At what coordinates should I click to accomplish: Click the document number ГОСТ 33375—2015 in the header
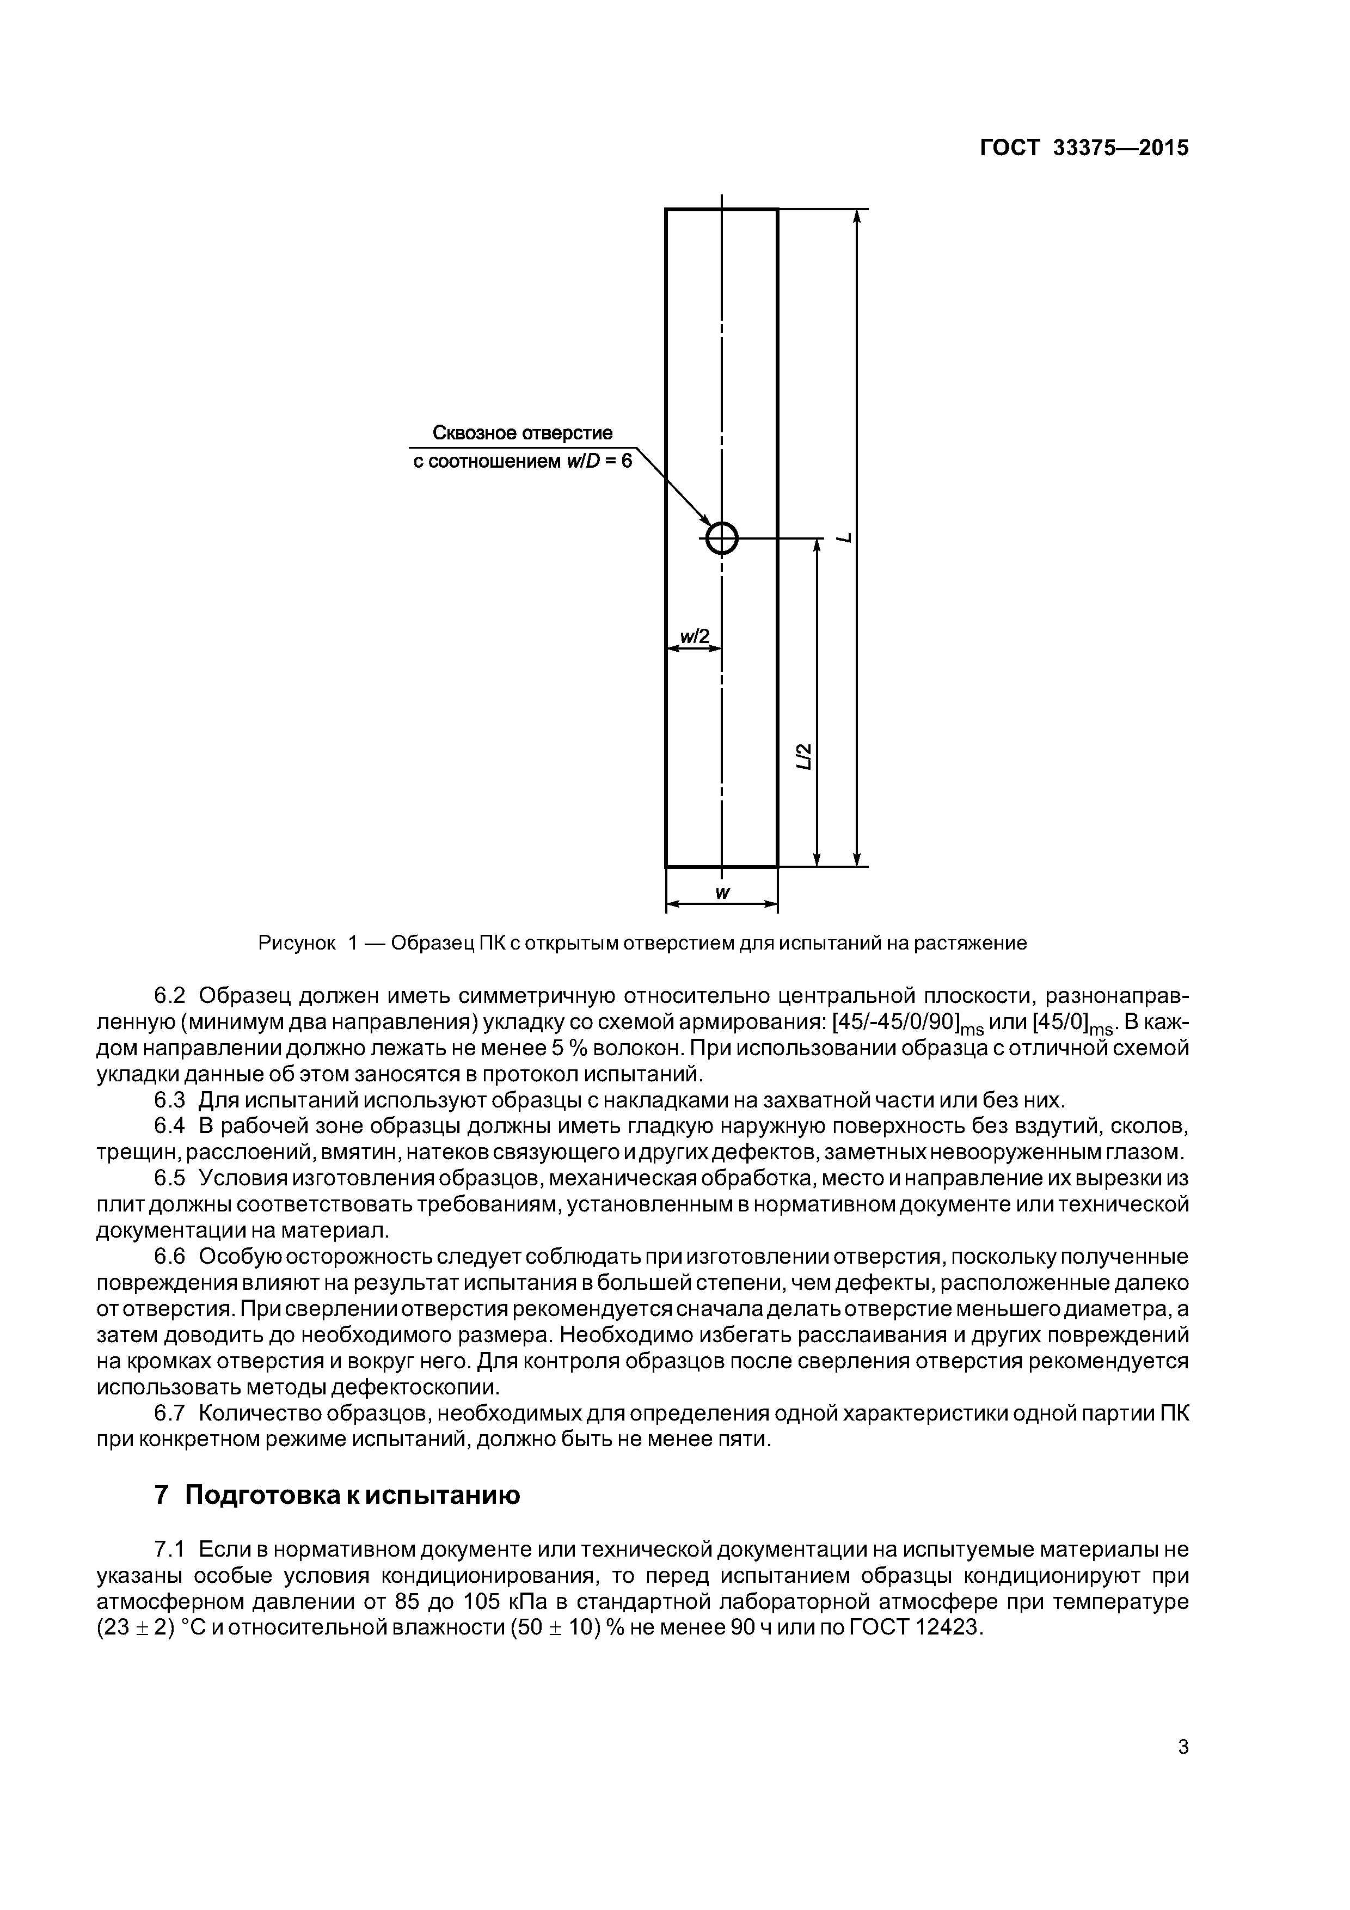pos(1084,148)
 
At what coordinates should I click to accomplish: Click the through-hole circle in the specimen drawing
pos(721,538)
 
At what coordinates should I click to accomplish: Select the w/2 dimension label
pos(695,637)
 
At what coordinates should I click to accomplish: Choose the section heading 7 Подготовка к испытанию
pos(337,1495)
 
